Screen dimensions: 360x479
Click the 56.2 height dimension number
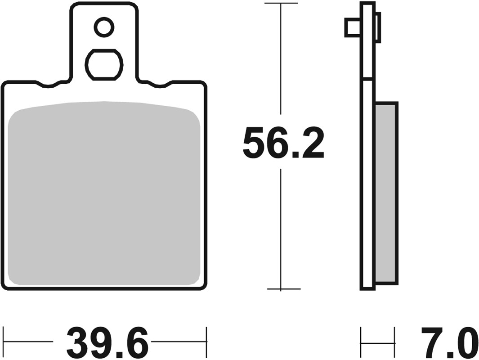[x=283, y=143]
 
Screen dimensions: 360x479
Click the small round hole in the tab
[x=104, y=27]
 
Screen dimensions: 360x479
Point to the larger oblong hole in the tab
[x=104, y=65]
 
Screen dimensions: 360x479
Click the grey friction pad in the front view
[x=104, y=193]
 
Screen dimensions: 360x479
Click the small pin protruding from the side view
[x=352, y=27]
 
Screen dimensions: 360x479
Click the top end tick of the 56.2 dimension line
[x=281, y=3]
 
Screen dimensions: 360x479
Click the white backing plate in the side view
[x=367, y=180]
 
